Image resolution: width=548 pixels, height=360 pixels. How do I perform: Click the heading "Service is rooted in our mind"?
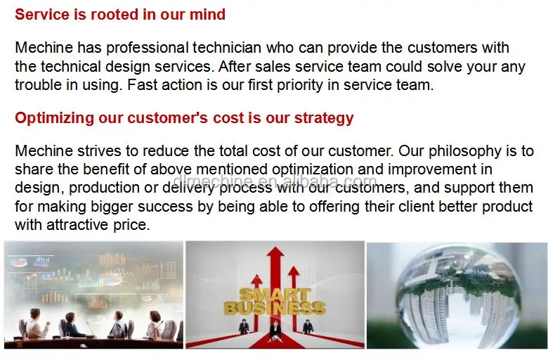point(120,15)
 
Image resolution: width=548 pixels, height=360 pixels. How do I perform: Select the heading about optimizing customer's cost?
point(184,118)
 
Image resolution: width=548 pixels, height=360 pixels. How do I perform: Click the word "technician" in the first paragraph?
point(227,48)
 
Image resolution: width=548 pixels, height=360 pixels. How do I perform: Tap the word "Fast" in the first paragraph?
point(142,85)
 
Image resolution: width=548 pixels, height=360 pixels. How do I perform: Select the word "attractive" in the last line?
point(77,224)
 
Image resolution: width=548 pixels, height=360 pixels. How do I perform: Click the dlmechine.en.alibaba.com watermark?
point(275,181)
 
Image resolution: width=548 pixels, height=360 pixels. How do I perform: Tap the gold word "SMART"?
point(275,295)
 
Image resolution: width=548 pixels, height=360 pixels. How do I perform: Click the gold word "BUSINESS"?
point(275,308)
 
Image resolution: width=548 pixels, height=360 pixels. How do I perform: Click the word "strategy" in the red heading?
point(324,119)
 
